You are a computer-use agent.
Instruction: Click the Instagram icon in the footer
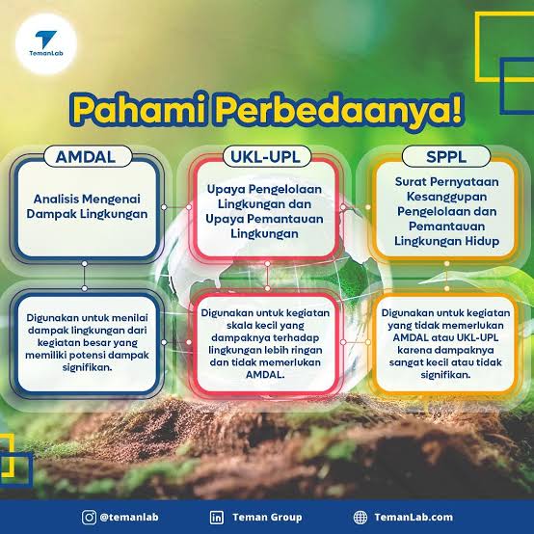pos(89,516)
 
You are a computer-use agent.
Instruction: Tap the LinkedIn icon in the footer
pos(217,516)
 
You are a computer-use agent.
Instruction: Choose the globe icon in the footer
pos(360,516)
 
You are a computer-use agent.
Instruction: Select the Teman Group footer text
pos(269,517)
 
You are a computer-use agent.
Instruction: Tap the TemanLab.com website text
pos(414,517)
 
